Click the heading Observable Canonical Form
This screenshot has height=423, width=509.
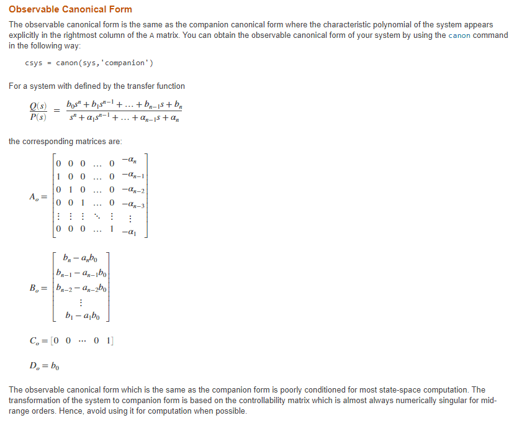[x=70, y=9]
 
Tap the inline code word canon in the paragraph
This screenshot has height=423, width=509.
[x=460, y=35]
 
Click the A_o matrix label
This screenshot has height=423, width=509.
[x=37, y=196]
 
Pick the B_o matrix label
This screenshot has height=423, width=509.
[x=38, y=288]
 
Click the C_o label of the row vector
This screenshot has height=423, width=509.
[x=37, y=340]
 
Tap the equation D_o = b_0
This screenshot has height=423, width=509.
[x=45, y=364]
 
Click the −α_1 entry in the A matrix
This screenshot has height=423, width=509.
[x=131, y=232]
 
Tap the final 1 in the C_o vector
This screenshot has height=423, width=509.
[x=109, y=340]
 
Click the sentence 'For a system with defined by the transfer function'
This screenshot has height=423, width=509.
[x=97, y=86]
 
